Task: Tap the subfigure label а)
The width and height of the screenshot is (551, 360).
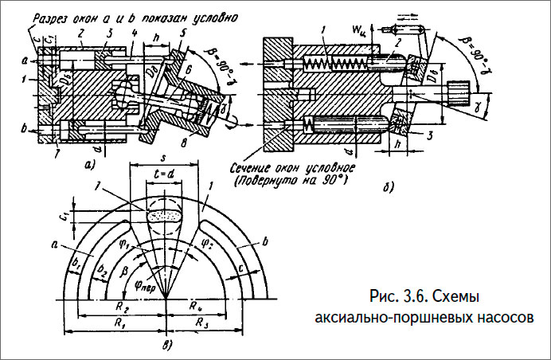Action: pyautogui.click(x=89, y=164)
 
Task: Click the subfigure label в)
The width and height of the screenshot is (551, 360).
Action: pyautogui.click(x=166, y=343)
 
